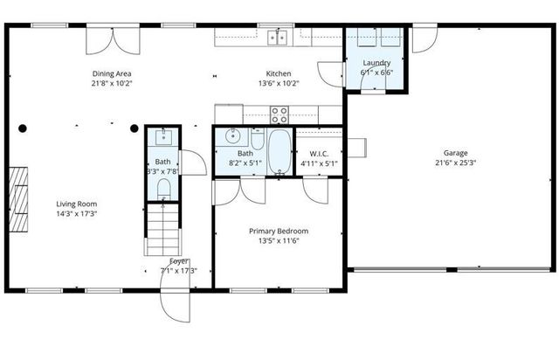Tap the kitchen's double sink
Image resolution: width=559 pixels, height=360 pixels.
(x=279, y=37)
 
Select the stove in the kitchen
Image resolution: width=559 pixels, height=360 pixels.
(x=279, y=113)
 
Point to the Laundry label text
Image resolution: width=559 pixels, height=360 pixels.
(x=376, y=63)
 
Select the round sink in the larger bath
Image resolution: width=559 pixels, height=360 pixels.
(x=232, y=135)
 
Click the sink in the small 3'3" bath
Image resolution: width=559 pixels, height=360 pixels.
(x=163, y=136)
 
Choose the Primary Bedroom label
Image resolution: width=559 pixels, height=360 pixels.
(x=279, y=231)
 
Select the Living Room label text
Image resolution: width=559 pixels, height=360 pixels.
(x=76, y=204)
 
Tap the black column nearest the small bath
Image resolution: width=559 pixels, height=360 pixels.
(x=134, y=128)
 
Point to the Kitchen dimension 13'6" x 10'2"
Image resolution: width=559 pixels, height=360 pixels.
(x=279, y=84)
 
